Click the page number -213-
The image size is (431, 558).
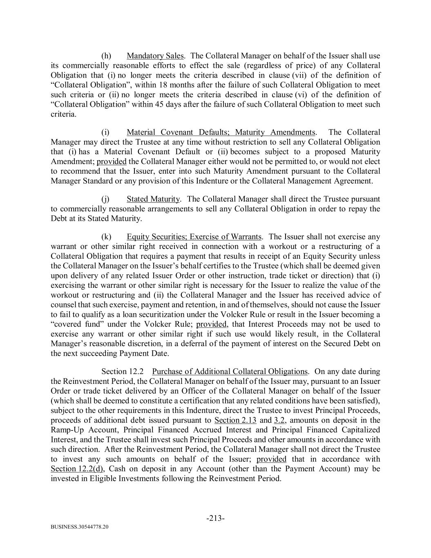[x=215, y=518]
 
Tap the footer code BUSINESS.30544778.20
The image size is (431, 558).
[x=80, y=527]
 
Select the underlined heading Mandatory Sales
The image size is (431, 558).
[x=155, y=56]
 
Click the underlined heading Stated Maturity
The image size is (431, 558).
[x=153, y=199]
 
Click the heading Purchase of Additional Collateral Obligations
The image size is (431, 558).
[x=230, y=371]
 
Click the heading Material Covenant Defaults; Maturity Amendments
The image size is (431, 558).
[x=221, y=132]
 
